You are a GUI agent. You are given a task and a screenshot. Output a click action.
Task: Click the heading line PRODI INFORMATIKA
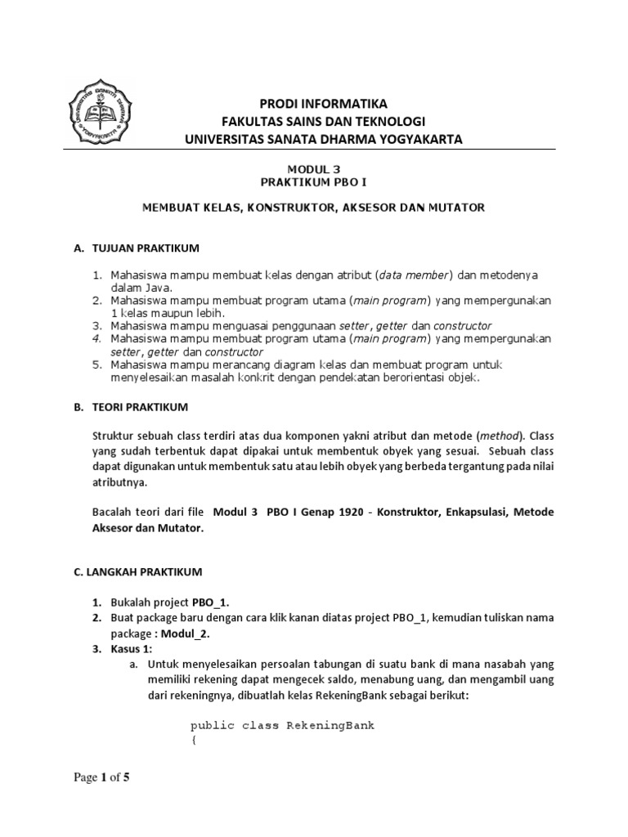pyautogui.click(x=323, y=103)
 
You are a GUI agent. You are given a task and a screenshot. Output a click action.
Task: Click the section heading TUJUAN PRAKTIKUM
pyautogui.click(x=143, y=248)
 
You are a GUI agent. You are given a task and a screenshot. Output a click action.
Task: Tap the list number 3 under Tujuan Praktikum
pyautogui.click(x=95, y=326)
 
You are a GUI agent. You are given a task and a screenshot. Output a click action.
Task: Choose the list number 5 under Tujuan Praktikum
pyautogui.click(x=95, y=365)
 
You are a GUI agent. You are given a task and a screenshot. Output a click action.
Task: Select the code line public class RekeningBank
pyautogui.click(x=282, y=725)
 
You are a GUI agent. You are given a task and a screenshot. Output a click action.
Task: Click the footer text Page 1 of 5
pyautogui.click(x=101, y=777)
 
